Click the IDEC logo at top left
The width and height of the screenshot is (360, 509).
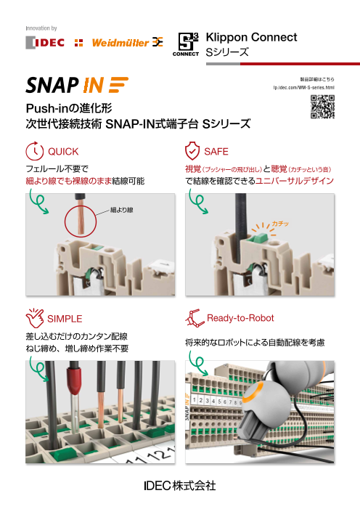click(x=45, y=43)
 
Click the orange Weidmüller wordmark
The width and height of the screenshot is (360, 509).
click(x=120, y=43)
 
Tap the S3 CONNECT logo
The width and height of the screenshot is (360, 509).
click(x=186, y=44)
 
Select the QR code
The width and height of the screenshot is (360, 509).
click(x=322, y=107)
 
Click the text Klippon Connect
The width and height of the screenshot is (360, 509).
click(x=251, y=37)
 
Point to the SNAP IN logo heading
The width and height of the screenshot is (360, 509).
click(x=77, y=85)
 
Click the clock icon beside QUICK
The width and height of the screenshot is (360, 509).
click(x=34, y=151)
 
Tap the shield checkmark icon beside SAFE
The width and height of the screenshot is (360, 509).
click(x=192, y=150)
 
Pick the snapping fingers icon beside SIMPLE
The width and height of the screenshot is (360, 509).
click(x=35, y=318)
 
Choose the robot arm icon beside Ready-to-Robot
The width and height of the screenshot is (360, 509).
click(x=194, y=318)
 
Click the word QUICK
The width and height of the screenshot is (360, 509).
click(x=63, y=152)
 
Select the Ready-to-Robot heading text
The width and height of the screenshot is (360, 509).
click(x=240, y=318)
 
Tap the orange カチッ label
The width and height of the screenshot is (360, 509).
click(x=280, y=224)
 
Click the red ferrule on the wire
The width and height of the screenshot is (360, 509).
click(x=75, y=380)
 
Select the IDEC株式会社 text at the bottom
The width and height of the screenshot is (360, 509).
click(x=180, y=486)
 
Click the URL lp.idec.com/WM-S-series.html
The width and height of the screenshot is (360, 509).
click(x=303, y=87)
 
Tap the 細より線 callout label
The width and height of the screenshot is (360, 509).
click(x=122, y=210)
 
